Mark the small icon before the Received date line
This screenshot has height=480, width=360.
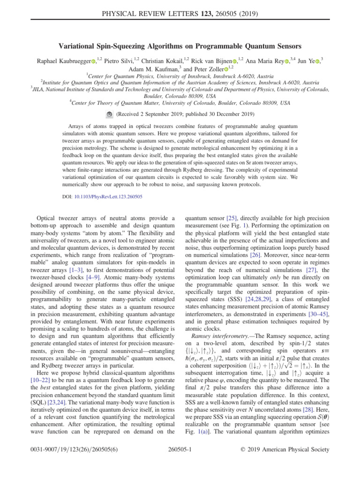click(108, 114)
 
